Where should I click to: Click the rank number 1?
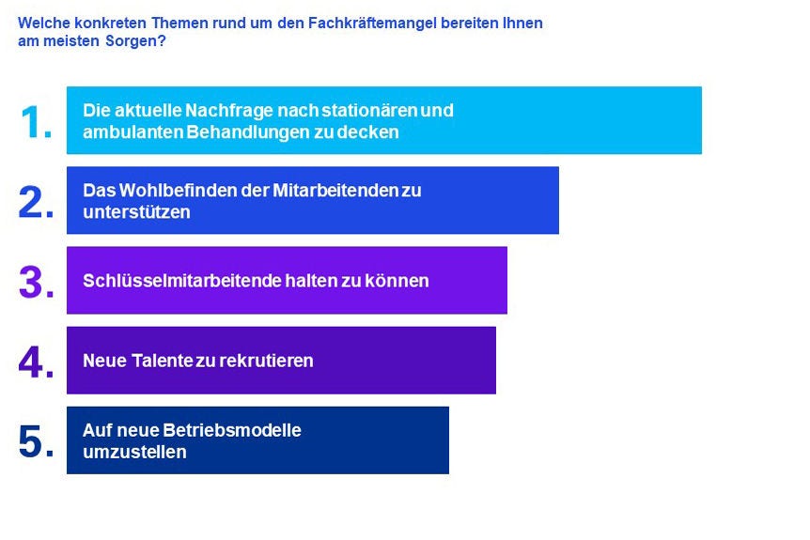(36, 123)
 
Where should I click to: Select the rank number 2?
(37, 203)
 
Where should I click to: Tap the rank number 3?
(37, 283)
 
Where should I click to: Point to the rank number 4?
(37, 363)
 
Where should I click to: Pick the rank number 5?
(37, 442)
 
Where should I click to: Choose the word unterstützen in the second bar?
(136, 212)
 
